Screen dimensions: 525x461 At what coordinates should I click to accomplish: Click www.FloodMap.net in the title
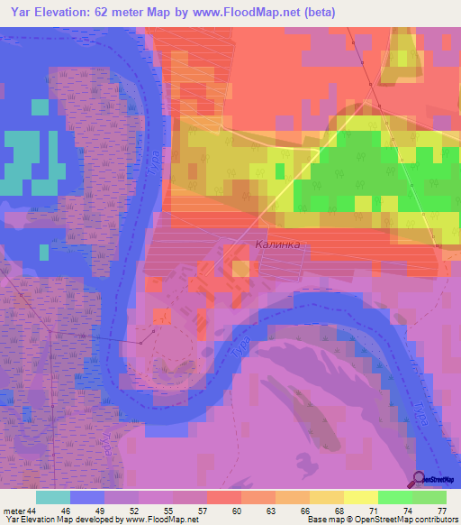[282, 12]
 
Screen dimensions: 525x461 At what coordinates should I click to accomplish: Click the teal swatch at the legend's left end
[52, 497]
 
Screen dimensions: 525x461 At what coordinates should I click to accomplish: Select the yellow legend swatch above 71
[360, 497]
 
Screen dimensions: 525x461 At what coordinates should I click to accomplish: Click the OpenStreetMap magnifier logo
[419, 479]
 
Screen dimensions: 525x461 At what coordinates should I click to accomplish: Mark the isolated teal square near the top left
[40, 107]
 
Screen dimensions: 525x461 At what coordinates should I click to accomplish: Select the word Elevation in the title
[68, 12]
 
